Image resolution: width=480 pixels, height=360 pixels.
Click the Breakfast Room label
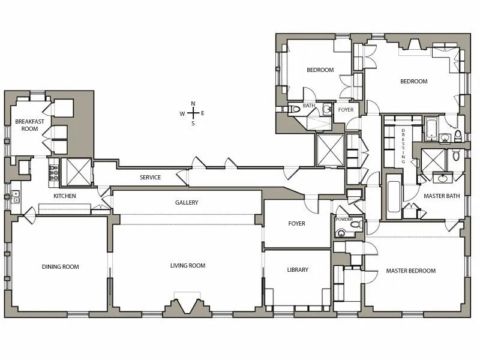pyautogui.click(x=26, y=125)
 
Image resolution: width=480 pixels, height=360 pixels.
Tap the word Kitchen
pyautogui.click(x=64, y=196)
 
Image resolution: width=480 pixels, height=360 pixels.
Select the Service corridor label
pyautogui.click(x=150, y=178)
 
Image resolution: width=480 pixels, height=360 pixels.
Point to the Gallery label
pyautogui.click(x=187, y=203)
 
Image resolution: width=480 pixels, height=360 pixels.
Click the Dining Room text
pyautogui.click(x=60, y=267)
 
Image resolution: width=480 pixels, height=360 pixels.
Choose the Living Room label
pyautogui.click(x=188, y=266)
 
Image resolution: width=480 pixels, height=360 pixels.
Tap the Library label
pyautogui.click(x=298, y=270)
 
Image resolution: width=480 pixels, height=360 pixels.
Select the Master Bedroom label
pyautogui.click(x=411, y=271)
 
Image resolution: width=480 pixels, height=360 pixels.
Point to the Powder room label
pyautogui.click(x=344, y=220)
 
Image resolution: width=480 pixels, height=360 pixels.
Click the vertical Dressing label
pyautogui.click(x=403, y=146)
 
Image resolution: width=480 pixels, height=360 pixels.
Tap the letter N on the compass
pyautogui.click(x=193, y=103)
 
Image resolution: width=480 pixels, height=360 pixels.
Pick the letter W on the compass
pyautogui.click(x=182, y=113)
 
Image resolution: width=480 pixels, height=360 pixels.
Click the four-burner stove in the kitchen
pyautogui.click(x=53, y=172)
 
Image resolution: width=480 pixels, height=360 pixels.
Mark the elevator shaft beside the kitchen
pyautogui.click(x=76, y=172)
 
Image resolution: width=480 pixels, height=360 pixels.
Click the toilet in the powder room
pyautogui.click(x=355, y=226)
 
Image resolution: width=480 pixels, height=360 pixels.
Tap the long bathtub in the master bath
pyautogui.click(x=394, y=196)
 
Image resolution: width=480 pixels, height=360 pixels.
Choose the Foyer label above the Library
pyautogui.click(x=296, y=224)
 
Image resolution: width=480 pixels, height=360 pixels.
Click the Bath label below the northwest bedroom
pyautogui.click(x=309, y=106)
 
